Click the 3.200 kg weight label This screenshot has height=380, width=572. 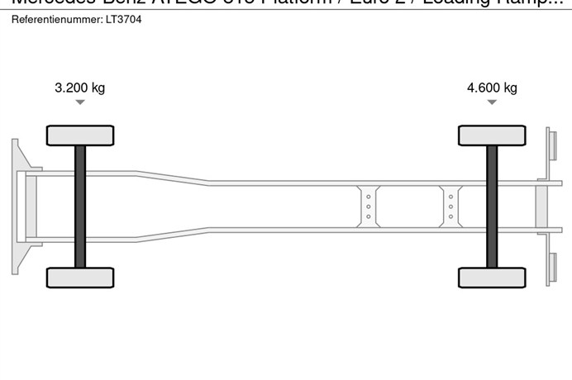click(79, 88)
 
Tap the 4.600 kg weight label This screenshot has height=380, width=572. click(492, 88)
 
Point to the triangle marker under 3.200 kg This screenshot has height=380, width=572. click(79, 102)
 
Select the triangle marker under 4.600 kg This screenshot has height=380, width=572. click(492, 102)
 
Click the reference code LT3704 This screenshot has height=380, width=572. click(123, 19)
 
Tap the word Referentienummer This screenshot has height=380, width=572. click(56, 19)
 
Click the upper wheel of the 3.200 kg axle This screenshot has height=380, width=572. click(80, 135)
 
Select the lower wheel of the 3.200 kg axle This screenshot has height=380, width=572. click(80, 277)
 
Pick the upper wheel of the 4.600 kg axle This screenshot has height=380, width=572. click(492, 135)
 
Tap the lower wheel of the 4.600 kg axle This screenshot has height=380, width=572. click(492, 277)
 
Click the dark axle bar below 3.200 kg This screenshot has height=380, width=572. click(80, 206)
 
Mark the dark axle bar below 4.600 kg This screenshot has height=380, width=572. click(492, 206)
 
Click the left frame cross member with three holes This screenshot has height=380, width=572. click(368, 206)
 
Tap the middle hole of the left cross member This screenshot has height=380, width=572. click(368, 206)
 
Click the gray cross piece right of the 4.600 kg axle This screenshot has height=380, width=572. click(541, 206)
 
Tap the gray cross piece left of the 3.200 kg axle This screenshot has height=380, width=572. click(31, 206)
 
